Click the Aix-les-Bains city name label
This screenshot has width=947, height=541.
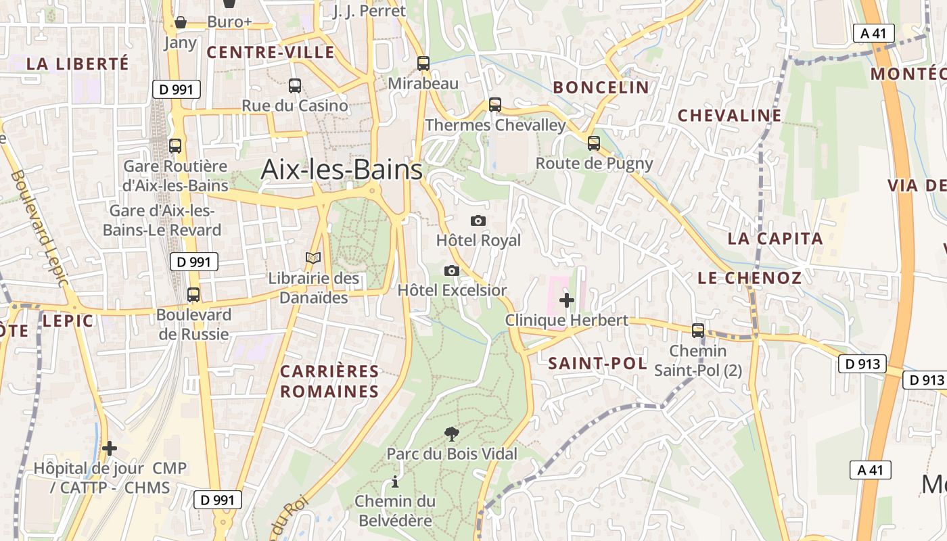[342, 169]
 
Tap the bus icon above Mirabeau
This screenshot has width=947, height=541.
[423, 64]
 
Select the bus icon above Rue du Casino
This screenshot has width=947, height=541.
[295, 86]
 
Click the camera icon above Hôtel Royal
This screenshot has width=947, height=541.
[478, 220]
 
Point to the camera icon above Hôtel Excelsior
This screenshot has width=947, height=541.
[452, 270]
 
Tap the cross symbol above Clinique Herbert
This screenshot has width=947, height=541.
[567, 300]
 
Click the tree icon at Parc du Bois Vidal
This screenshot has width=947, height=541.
[451, 433]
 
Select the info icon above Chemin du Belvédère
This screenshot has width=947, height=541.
[395, 482]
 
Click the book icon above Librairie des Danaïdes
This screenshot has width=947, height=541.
[313, 258]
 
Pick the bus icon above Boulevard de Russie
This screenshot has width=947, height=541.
[193, 295]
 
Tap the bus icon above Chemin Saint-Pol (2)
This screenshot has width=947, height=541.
[698, 331]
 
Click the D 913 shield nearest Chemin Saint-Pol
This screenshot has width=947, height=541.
[862, 364]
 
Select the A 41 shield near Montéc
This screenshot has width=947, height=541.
[873, 33]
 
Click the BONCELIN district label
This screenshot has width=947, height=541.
[601, 87]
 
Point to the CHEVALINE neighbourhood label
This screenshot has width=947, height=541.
[730, 116]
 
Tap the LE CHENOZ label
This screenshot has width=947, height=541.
[749, 278]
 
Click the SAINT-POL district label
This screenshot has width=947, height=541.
[597, 363]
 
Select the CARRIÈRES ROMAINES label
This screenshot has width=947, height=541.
[329, 381]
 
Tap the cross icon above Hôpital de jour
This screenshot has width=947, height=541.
[110, 448]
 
